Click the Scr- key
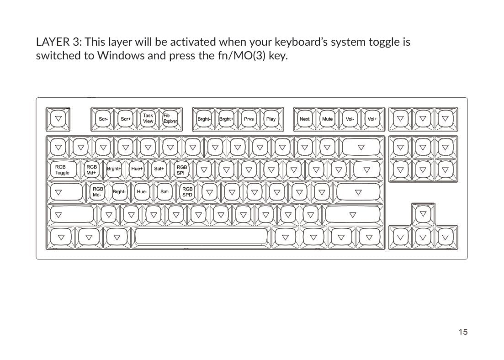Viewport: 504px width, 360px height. click(103, 119)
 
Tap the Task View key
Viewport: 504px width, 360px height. click(148, 119)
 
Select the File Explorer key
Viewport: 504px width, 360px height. click(170, 119)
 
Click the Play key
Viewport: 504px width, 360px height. click(271, 119)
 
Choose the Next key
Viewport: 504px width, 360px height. click(305, 119)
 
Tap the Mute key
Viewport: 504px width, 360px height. click(327, 119)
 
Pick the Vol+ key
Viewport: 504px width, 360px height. click(372, 119)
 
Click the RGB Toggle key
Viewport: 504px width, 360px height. click(64, 169)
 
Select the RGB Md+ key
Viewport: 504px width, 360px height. click(91, 169)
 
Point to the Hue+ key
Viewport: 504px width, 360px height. click(137, 169)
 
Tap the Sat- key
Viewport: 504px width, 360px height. click(164, 192)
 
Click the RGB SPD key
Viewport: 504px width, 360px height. click(187, 192)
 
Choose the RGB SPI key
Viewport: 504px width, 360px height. click(181, 169)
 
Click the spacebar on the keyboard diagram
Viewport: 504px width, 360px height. click(201, 238)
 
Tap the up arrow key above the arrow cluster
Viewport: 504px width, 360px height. click(423, 214)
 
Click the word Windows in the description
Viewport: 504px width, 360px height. click(121, 56)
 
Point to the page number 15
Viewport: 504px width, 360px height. click(463, 332)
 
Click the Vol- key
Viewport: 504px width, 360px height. click(350, 119)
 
